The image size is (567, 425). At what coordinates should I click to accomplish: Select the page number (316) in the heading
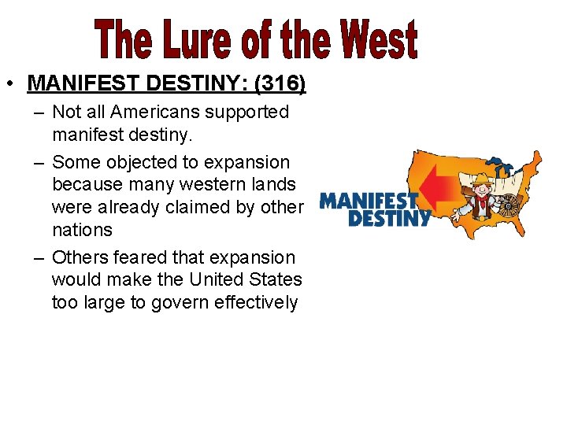pyautogui.click(x=278, y=82)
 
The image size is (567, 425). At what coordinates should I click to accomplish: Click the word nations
pyautogui.click(x=82, y=230)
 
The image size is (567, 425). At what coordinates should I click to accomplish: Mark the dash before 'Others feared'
pyautogui.click(x=39, y=257)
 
